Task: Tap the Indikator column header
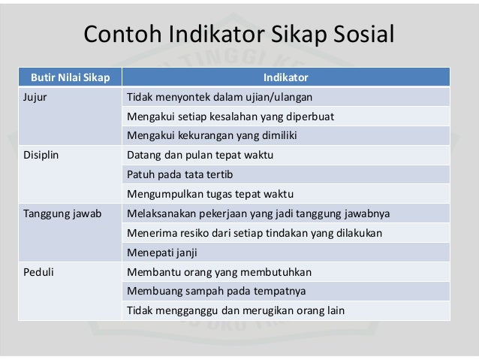tap(285, 77)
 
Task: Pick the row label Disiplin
tap(38, 156)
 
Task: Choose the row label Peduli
tap(36, 271)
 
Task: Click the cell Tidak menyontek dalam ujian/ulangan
tap(219, 97)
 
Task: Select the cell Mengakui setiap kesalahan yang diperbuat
tap(230, 116)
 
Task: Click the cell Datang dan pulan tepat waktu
tap(200, 156)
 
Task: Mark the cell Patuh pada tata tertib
tap(175, 174)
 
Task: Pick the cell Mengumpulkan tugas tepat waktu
tap(209, 194)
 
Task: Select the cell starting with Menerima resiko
tap(255, 233)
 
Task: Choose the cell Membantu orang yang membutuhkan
tap(218, 271)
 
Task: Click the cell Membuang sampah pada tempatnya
tap(216, 291)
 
